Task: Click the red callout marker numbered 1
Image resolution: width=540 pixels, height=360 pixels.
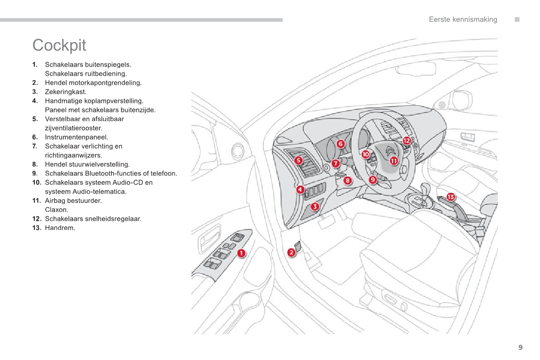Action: point(241,253)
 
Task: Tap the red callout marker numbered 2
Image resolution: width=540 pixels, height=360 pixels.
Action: point(292,252)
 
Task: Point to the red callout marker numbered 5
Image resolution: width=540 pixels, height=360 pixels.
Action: point(298,160)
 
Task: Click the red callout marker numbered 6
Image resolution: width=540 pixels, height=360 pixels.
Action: point(341,144)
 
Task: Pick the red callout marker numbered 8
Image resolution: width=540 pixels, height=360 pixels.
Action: point(347,180)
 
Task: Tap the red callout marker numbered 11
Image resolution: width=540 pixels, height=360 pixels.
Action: point(393,160)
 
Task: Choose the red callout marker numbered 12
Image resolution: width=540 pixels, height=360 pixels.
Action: point(406,141)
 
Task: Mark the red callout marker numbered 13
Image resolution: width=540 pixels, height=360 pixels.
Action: point(450,197)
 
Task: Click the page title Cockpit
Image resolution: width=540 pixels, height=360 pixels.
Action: point(59,45)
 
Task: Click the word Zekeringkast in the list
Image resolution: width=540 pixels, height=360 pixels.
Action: point(65,92)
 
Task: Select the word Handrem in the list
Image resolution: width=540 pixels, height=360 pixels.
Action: point(60,228)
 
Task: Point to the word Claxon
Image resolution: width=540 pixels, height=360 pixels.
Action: point(57,210)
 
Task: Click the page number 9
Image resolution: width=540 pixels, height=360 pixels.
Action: point(521,348)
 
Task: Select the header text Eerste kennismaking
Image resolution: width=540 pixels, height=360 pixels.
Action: point(463,19)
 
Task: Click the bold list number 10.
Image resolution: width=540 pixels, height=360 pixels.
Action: point(36,183)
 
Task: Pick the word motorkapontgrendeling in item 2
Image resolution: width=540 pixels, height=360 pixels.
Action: point(105,83)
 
